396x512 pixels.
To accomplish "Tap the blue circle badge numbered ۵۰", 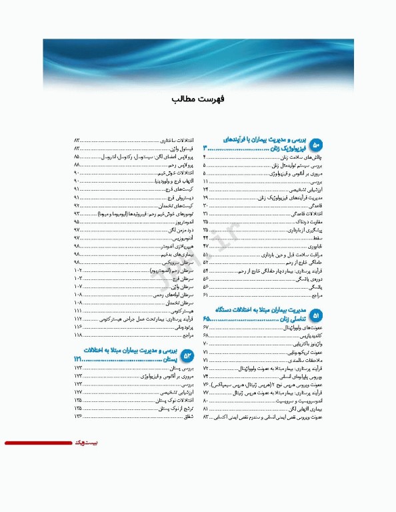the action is tap(317, 143).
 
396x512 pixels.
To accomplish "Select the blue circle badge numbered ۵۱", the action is tap(317, 313).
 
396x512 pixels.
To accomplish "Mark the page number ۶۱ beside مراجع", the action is tap(206, 295).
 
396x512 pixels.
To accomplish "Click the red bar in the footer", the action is tap(37, 443).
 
